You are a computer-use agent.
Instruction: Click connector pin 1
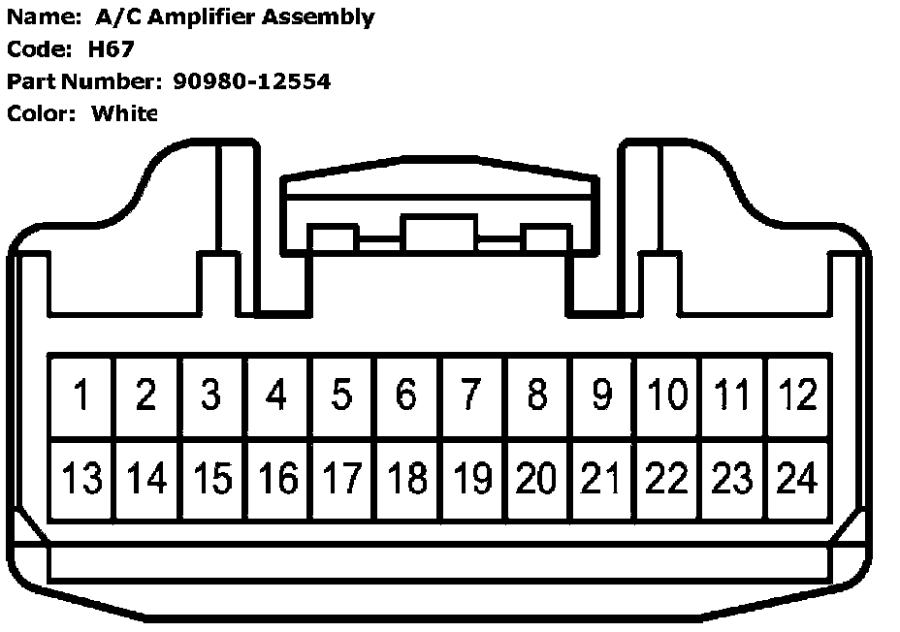tap(81, 395)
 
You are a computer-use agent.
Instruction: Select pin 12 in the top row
tap(798, 395)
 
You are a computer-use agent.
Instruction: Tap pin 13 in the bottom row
tap(81, 479)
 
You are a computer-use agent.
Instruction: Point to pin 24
tap(798, 479)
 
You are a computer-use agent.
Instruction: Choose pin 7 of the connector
tap(471, 395)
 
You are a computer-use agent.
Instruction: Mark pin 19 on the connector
tap(471, 479)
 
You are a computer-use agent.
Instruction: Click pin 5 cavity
tap(341, 395)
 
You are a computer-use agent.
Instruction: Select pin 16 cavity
tap(276, 479)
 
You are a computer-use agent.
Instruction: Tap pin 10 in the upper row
tap(667, 395)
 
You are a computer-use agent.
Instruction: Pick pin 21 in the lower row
tap(602, 479)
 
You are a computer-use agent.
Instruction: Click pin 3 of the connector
tap(211, 395)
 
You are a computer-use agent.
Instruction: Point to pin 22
tap(667, 479)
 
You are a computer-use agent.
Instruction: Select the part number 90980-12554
tap(251, 81)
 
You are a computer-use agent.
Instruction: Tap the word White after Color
tap(123, 113)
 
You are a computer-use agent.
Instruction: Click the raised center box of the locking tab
tap(440, 236)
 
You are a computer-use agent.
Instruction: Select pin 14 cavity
tap(146, 479)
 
